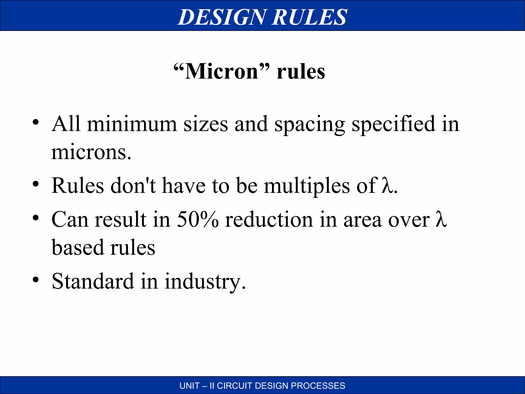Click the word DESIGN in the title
(x=222, y=17)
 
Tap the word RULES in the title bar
(x=309, y=17)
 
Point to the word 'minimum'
(x=132, y=124)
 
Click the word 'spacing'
(x=310, y=125)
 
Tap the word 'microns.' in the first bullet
(x=91, y=152)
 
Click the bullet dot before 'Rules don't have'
(x=36, y=184)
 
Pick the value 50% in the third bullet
(x=198, y=220)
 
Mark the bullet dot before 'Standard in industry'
(x=36, y=279)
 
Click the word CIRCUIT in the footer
(x=235, y=386)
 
